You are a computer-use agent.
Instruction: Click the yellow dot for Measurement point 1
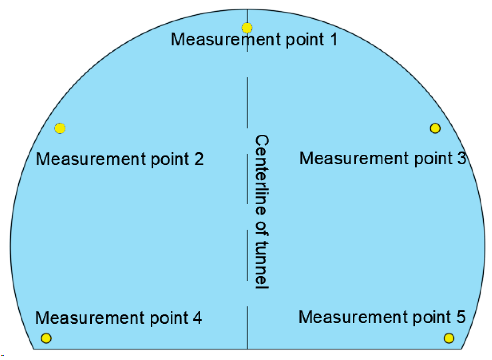click(x=247, y=28)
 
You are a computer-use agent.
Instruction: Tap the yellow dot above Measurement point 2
click(x=60, y=128)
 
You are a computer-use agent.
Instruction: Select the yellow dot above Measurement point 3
click(x=435, y=128)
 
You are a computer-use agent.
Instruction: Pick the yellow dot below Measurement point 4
click(x=46, y=338)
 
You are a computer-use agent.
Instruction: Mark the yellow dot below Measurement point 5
click(x=449, y=338)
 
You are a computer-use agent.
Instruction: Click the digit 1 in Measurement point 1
click(x=333, y=39)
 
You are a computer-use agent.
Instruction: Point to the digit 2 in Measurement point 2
click(x=199, y=159)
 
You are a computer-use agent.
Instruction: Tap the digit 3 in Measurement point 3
click(x=462, y=158)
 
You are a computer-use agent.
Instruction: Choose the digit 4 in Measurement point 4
click(x=197, y=318)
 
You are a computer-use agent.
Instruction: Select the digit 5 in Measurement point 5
click(x=461, y=317)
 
